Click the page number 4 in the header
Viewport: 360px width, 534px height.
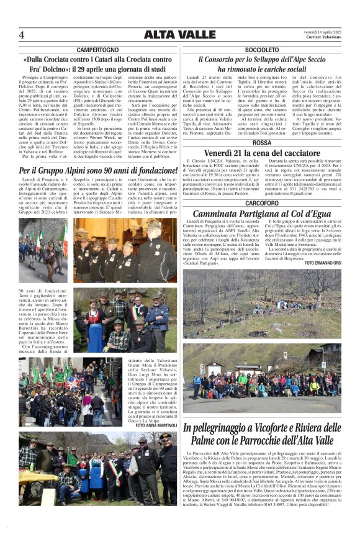point(21,34)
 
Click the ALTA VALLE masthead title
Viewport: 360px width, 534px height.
point(179,34)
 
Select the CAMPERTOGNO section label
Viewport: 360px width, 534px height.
point(97,49)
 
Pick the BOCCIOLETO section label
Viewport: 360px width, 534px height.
point(262,49)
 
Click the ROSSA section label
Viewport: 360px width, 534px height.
point(262,142)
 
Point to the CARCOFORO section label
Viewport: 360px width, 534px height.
point(262,203)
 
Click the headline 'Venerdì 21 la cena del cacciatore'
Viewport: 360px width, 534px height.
point(262,153)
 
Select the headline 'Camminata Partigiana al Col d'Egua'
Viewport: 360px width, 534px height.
point(262,214)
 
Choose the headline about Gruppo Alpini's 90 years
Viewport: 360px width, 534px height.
point(98,171)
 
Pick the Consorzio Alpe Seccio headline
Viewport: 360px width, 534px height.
point(262,64)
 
